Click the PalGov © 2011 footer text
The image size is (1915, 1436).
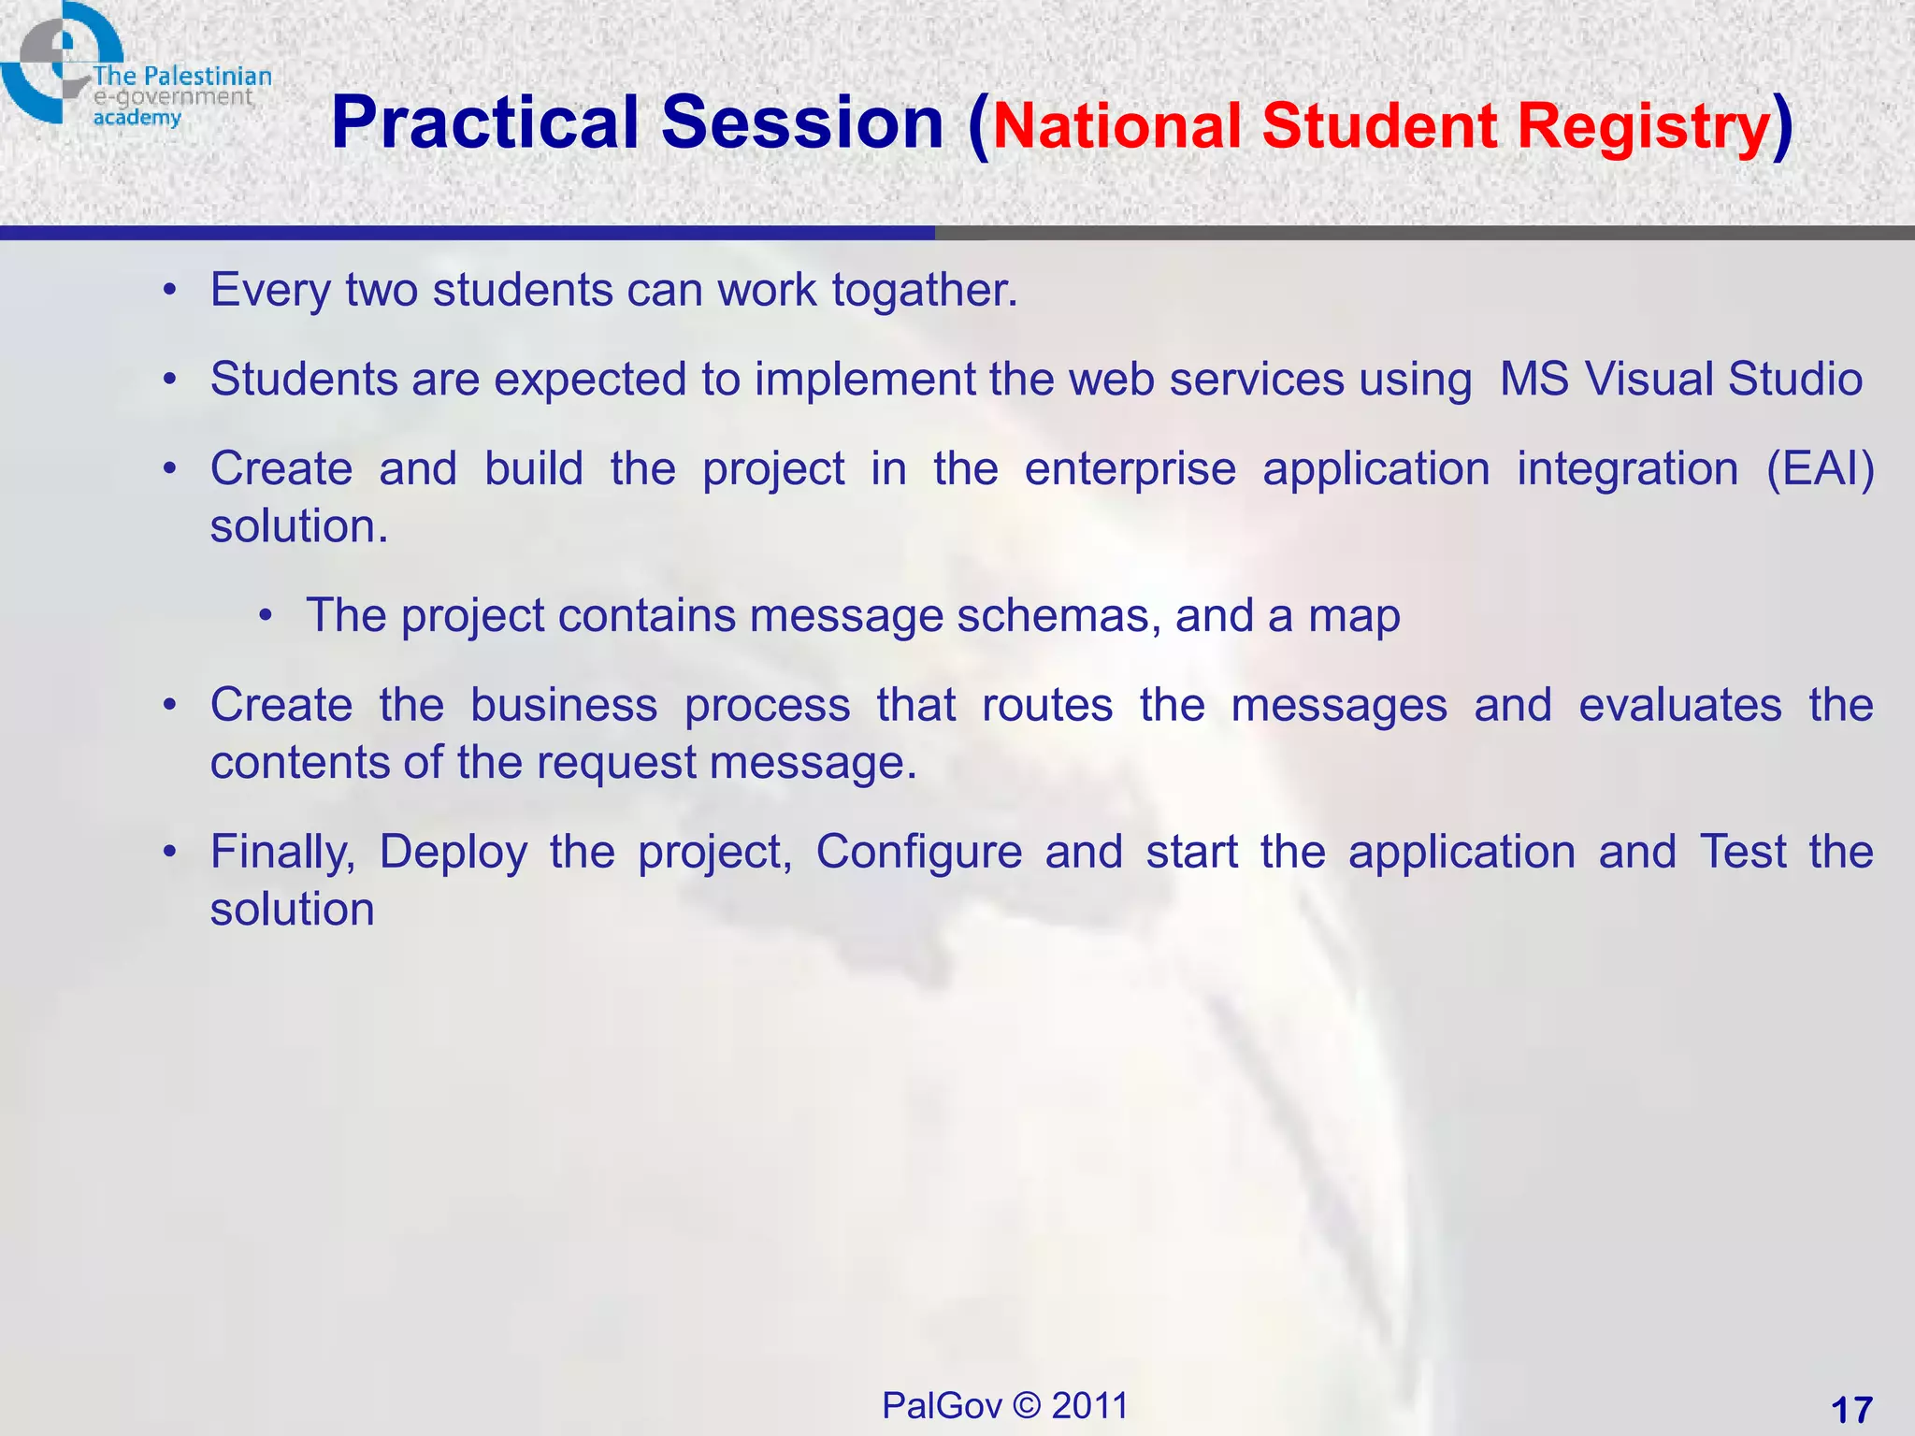[x=1005, y=1405]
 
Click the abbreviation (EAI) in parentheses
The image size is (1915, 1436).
[x=1820, y=468]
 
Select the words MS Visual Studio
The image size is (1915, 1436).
[x=1680, y=380]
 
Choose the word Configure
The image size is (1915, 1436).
[x=918, y=853]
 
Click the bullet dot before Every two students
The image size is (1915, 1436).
[x=169, y=291]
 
